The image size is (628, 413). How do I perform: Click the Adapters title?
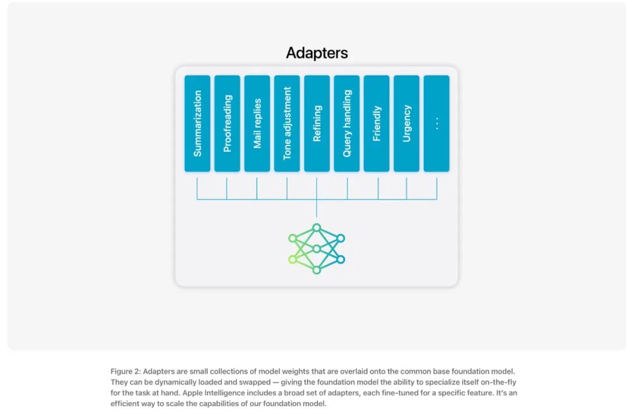pos(317,53)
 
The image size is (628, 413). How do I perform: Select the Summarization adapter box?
pos(197,123)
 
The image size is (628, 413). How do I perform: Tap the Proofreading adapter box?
pos(227,123)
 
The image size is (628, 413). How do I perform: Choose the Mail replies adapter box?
pos(257,123)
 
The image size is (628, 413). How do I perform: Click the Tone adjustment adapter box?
pos(287,123)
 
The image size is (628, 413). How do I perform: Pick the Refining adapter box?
pos(317,123)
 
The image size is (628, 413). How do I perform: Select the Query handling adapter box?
pos(347,123)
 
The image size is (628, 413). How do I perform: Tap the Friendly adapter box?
pos(377,123)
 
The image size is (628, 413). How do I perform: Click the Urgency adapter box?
pos(406,123)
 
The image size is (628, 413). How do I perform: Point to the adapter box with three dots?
pos(436,123)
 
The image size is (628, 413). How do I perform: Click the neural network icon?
pos(317,249)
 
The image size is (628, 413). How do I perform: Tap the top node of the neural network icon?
pos(316,227)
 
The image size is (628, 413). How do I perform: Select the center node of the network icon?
pos(316,249)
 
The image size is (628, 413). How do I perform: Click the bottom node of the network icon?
pos(316,270)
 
